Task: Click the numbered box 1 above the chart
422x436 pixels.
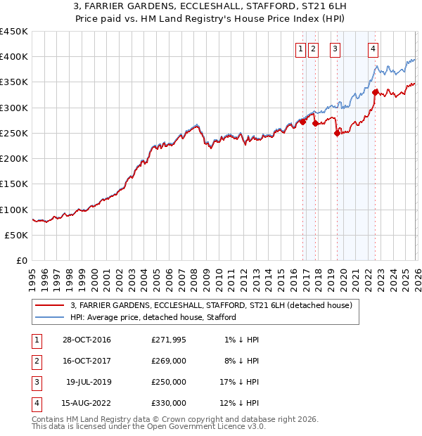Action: click(x=300, y=49)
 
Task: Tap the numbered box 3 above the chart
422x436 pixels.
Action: click(x=335, y=49)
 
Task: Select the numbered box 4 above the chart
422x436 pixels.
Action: click(x=373, y=49)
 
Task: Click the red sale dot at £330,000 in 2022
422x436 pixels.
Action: click(x=376, y=91)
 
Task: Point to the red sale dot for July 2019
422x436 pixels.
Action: click(x=337, y=134)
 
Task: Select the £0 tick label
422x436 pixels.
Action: click(x=20, y=261)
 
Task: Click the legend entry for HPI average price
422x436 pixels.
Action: click(x=153, y=317)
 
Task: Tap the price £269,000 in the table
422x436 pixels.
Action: click(x=169, y=361)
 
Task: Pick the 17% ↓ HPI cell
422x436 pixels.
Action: click(x=238, y=383)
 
